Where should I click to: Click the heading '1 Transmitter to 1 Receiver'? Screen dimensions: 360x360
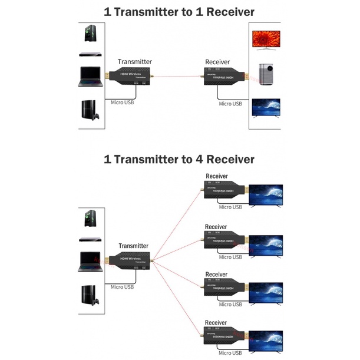179,11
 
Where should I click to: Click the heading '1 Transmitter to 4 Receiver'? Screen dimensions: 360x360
179,159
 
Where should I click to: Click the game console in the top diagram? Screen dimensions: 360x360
90,111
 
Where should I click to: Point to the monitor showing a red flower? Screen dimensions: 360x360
266,39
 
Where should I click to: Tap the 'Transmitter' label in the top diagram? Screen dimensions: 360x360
134,61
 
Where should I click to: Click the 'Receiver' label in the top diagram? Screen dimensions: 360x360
217,62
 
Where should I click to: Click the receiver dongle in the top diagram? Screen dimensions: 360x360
224,77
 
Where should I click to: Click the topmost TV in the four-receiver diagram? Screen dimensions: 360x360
265,196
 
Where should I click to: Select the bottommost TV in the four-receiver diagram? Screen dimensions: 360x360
265,341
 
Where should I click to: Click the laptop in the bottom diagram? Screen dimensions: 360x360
90,261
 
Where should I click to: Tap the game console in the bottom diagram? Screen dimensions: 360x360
90,295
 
